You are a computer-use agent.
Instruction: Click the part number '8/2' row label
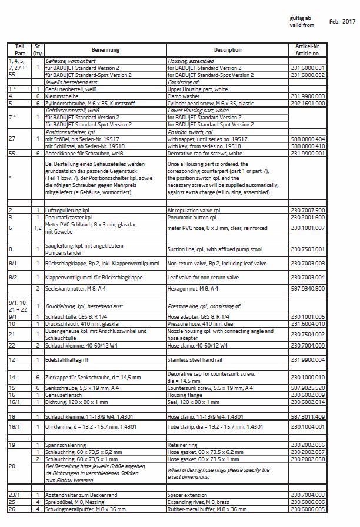pos(14,277)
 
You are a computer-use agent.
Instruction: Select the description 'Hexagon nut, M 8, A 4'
pos(196,289)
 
